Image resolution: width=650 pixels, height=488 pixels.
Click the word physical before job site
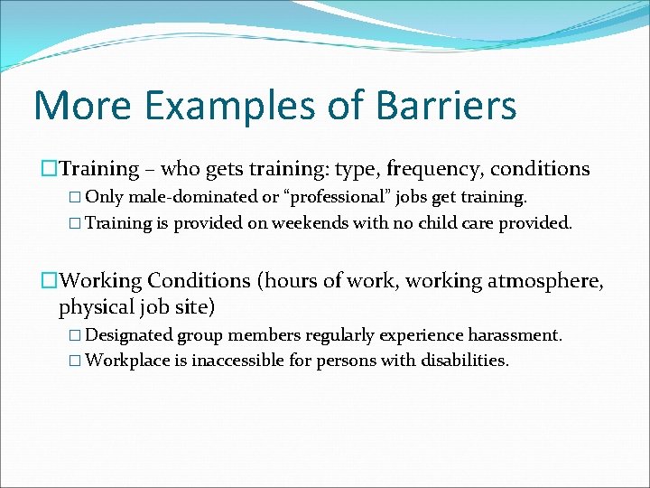pyautogui.click(x=95, y=307)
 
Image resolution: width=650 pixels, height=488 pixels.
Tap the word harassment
pyautogui.click(x=514, y=335)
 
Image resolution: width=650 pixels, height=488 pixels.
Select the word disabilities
pyautogui.click(x=464, y=361)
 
